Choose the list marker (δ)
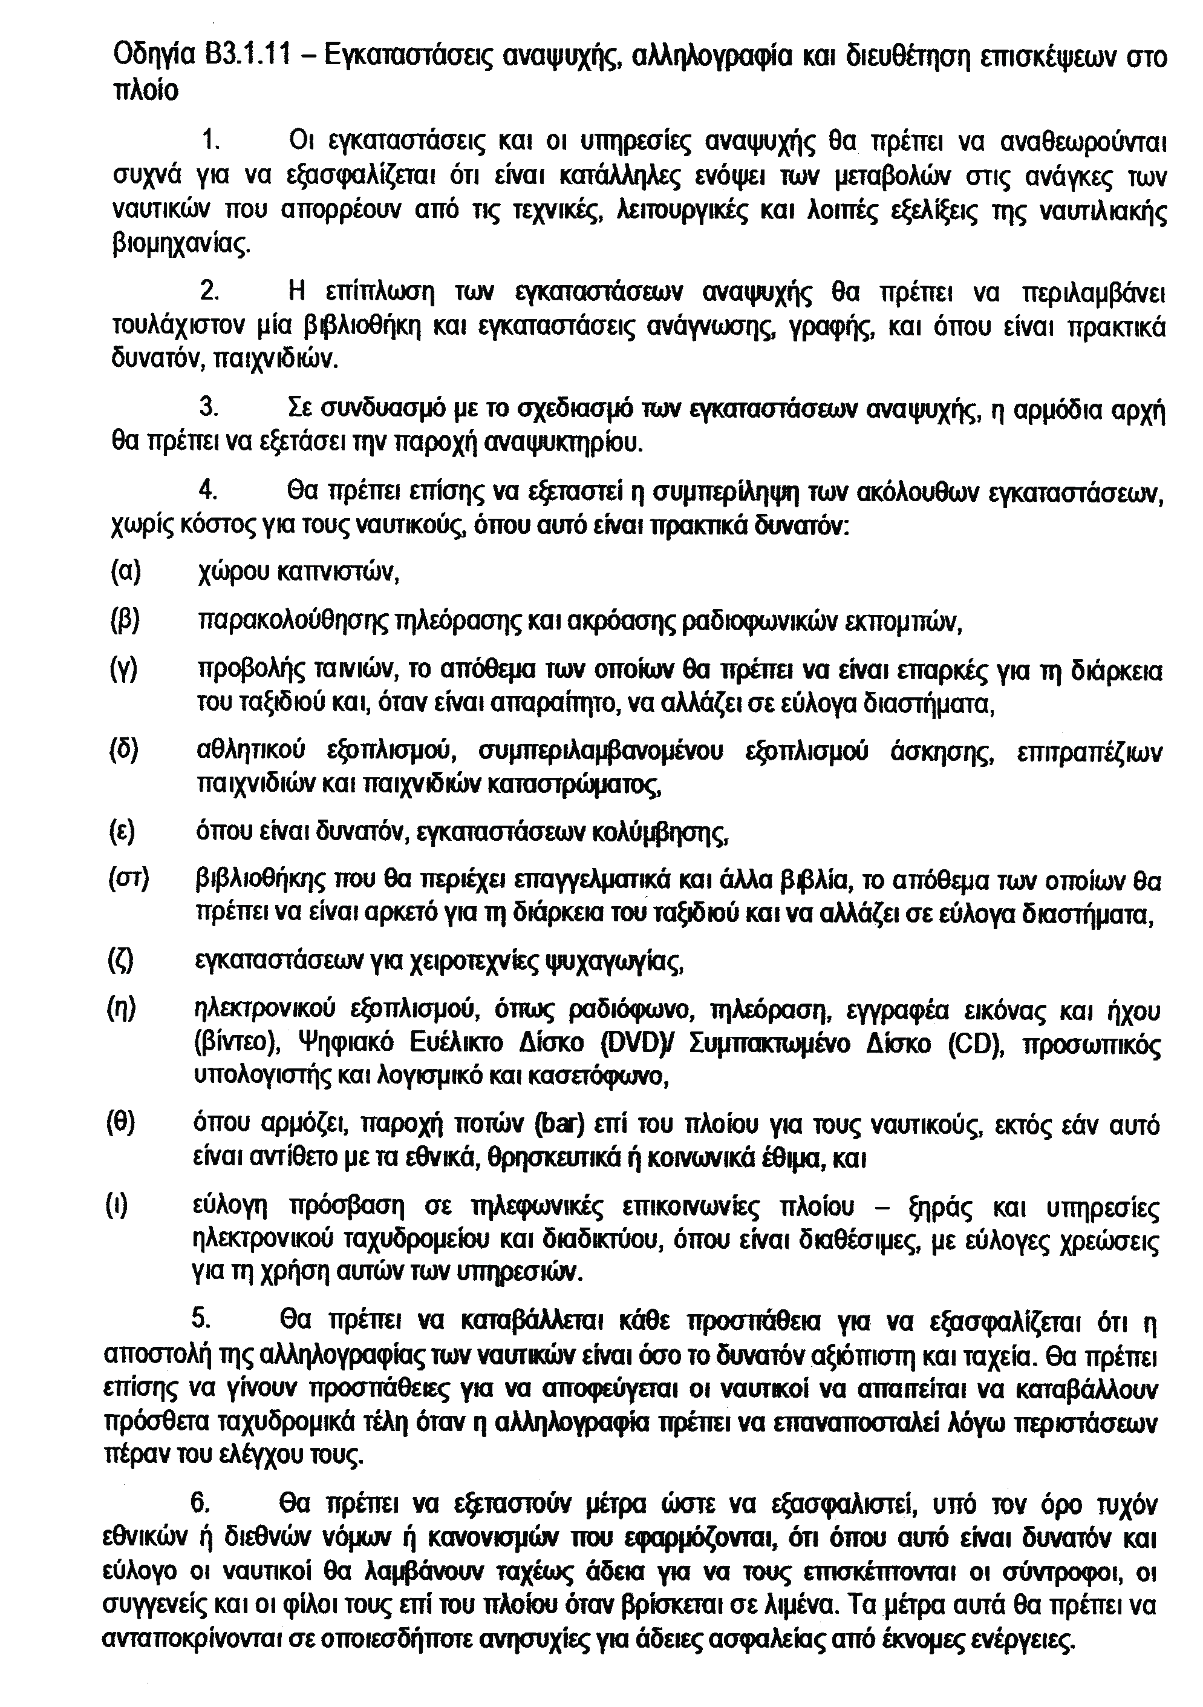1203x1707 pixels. pos(124,751)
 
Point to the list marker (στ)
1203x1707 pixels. pos(129,881)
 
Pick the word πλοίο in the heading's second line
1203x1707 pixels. pos(145,91)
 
